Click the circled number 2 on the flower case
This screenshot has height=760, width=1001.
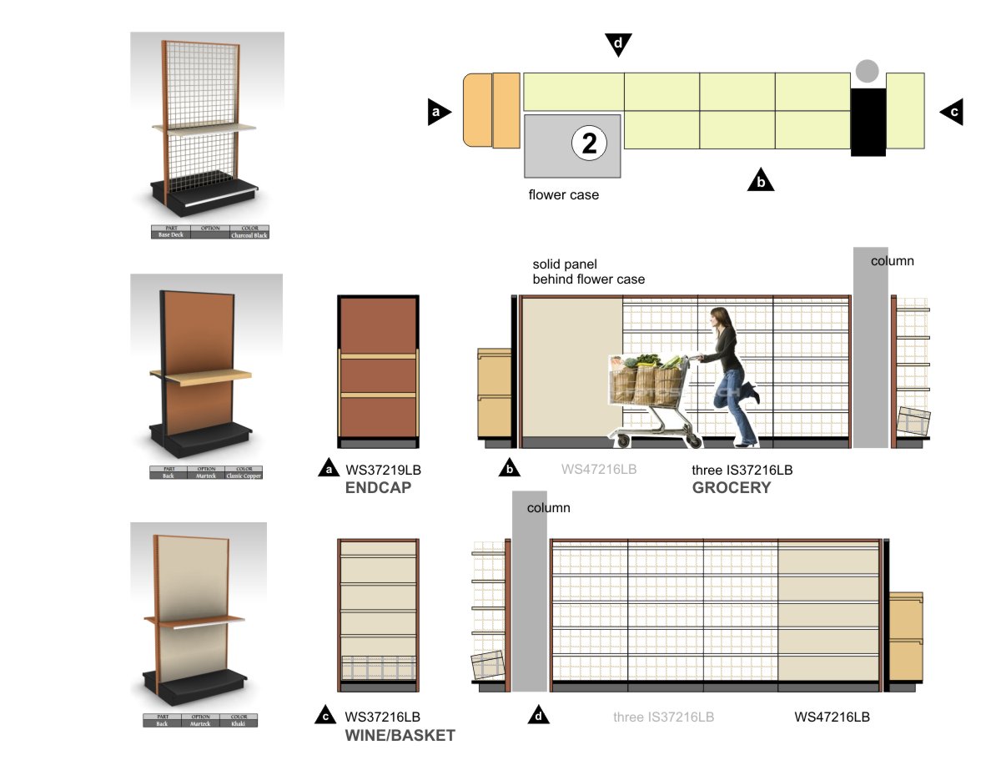[589, 144]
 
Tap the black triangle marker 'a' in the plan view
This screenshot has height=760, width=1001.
[438, 113]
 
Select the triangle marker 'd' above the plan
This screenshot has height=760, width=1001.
[618, 44]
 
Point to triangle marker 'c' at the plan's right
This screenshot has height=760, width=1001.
[953, 112]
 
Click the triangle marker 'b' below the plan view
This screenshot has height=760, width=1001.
[760, 180]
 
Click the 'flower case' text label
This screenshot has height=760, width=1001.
[563, 195]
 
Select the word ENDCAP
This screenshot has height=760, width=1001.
[378, 488]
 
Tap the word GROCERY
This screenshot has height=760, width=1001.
[732, 488]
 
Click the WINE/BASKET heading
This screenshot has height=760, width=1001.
[400, 735]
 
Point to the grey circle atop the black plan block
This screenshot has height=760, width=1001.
[868, 71]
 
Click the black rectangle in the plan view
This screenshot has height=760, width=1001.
[868, 122]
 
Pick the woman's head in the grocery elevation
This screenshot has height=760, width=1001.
[720, 318]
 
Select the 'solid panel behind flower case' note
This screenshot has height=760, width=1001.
[588, 272]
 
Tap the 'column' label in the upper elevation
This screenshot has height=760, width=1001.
[892, 261]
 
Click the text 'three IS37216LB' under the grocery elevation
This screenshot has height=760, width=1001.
[742, 471]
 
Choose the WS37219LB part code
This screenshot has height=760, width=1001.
[382, 471]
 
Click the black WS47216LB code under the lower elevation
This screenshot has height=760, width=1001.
[832, 717]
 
